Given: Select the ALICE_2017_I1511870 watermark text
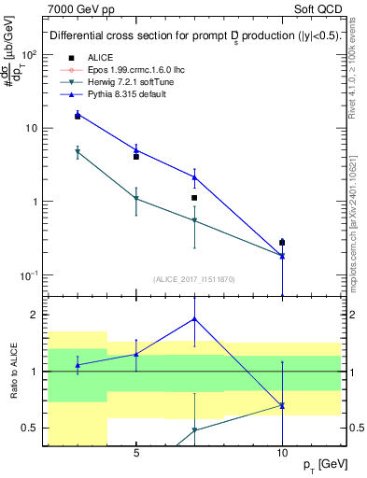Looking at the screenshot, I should click(193, 279).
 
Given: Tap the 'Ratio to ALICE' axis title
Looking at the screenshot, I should click(14, 371).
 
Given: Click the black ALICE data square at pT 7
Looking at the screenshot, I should click(194, 198).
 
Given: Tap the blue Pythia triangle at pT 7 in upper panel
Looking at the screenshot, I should click(194, 176).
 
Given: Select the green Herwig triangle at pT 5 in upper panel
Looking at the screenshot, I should click(136, 199).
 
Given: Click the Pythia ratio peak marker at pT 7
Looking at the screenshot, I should click(194, 318).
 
